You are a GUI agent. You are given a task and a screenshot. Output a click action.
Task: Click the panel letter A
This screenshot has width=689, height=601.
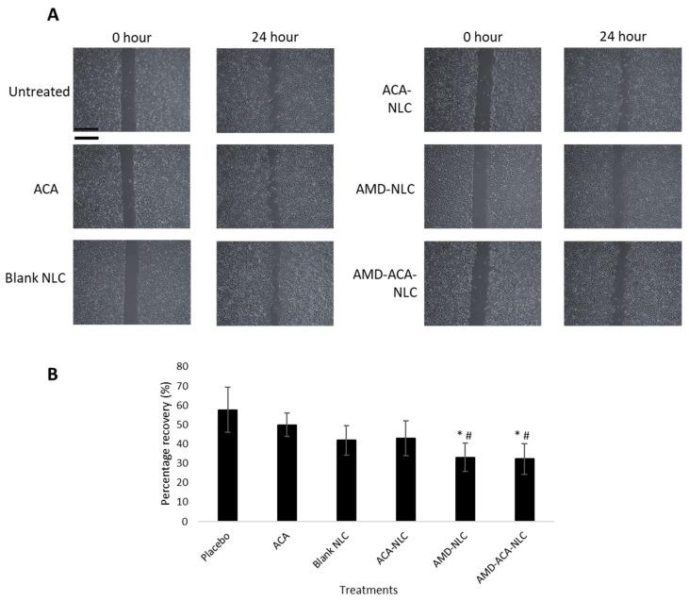tap(55, 15)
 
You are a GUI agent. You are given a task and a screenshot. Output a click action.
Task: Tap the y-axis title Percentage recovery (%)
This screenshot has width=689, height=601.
tap(165, 443)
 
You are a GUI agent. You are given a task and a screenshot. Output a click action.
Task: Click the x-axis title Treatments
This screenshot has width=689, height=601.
tap(369, 591)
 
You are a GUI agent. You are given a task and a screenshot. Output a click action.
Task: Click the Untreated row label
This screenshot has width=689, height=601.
tap(39, 92)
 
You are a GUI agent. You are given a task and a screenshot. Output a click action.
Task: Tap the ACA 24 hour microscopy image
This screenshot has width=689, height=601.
tap(274, 186)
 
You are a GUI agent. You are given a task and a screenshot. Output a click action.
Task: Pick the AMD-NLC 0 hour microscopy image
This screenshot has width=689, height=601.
tap(483, 186)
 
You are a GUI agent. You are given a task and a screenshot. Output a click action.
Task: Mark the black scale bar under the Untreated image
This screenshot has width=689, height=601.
tap(86, 134)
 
